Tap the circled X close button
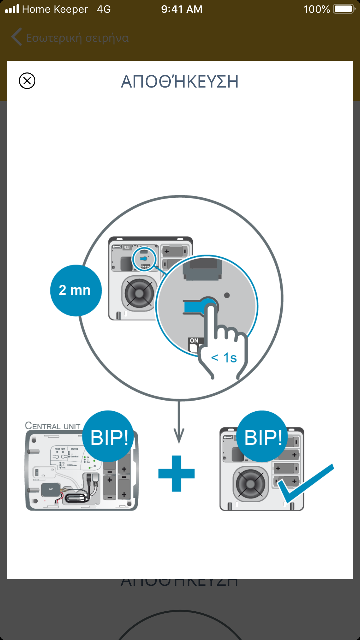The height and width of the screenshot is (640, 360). click(27, 81)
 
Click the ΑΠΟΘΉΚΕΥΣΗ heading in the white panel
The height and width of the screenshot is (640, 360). click(180, 82)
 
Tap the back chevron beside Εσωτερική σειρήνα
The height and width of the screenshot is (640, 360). click(17, 37)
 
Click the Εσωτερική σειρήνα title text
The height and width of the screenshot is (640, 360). click(77, 38)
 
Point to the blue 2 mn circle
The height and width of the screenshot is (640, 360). click(76, 290)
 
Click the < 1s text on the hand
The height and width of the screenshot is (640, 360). click(224, 358)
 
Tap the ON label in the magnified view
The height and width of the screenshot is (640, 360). click(194, 341)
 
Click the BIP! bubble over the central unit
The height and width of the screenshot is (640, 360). click(108, 437)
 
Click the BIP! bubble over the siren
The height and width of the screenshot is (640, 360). click(263, 437)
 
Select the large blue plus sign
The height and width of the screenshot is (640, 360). click(177, 473)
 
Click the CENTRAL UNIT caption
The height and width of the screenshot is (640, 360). click(52, 426)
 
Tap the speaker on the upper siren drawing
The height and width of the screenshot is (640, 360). click(139, 293)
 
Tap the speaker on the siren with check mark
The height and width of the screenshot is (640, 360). click(251, 484)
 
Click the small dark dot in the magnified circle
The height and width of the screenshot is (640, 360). click(227, 295)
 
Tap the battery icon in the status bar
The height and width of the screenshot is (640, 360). click(344, 9)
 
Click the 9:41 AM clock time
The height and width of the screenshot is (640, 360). click(182, 9)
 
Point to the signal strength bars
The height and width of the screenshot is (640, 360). click(12, 9)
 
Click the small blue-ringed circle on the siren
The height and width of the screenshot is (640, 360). click(144, 259)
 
